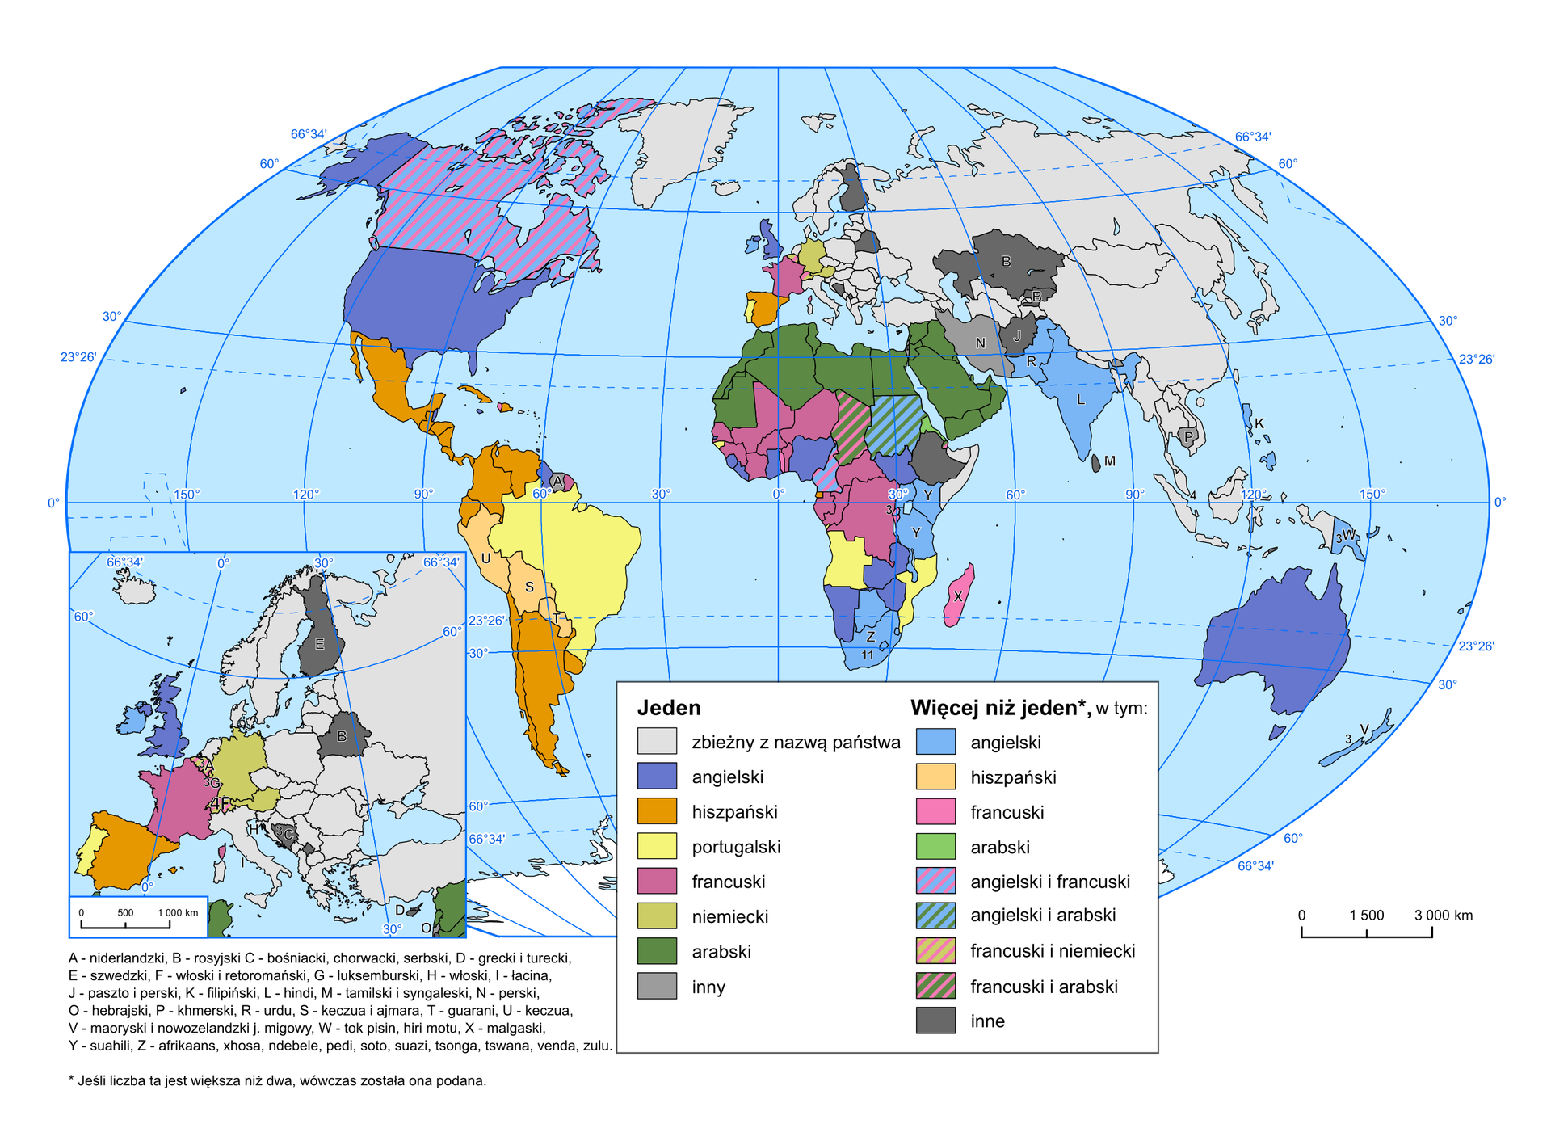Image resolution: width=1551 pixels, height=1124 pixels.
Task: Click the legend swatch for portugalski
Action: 656,846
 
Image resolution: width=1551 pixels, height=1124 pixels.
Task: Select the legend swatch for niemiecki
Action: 656,916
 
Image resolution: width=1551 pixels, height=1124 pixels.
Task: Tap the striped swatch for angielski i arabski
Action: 935,915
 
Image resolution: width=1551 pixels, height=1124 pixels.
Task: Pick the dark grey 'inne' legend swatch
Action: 935,1021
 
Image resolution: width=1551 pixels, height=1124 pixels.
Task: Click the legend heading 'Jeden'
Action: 668,708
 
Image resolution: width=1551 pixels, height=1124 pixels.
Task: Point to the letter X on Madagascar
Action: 958,596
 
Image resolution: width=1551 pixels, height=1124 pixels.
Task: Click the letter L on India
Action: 1080,399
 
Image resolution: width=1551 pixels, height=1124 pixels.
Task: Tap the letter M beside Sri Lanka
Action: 1110,461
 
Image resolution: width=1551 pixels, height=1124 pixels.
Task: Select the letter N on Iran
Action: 980,343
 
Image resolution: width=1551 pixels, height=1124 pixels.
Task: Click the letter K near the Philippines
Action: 1259,423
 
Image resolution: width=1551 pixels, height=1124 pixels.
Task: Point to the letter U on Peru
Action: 485,558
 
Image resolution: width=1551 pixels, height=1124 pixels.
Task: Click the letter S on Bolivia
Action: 529,587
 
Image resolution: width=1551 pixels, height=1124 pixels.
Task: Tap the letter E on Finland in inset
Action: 320,644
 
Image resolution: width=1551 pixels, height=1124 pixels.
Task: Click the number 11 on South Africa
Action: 867,655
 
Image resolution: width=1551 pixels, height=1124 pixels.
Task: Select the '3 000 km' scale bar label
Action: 1443,916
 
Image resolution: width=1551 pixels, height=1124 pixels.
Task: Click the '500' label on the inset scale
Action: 125,913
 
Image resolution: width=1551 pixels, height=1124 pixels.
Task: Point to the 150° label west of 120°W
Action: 187,494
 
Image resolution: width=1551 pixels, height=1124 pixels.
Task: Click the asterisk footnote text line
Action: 277,1080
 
